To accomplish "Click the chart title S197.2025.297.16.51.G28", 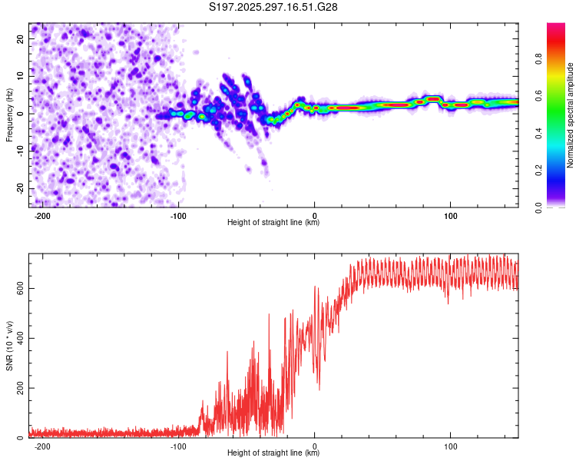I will pyautogui.click(x=274, y=7).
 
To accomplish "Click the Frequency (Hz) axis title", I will pyautogui.click(x=9, y=114).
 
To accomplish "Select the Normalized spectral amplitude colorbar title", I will pyautogui.click(x=571, y=115).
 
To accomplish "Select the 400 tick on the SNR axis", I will pyautogui.click(x=18, y=338).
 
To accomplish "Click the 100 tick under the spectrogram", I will pyautogui.click(x=451, y=215).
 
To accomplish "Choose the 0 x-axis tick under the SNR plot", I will pyautogui.click(x=315, y=446).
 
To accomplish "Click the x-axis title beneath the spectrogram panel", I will pyautogui.click(x=273, y=223).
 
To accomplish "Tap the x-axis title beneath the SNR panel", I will pyautogui.click(x=273, y=453).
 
